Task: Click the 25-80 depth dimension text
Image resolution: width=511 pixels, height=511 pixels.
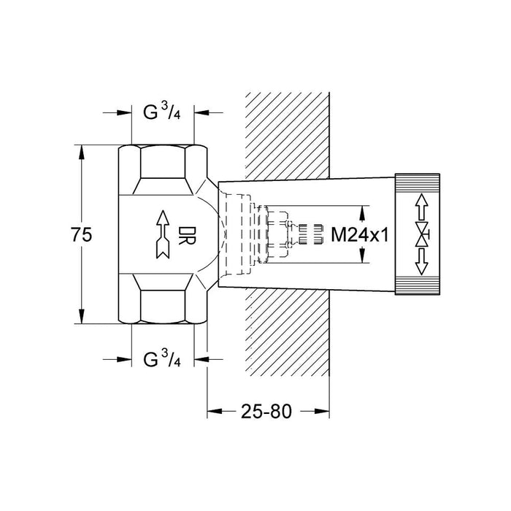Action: click(x=267, y=411)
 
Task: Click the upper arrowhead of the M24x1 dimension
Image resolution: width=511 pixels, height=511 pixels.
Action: click(x=362, y=212)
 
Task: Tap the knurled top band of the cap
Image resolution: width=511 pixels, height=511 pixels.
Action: click(x=418, y=180)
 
